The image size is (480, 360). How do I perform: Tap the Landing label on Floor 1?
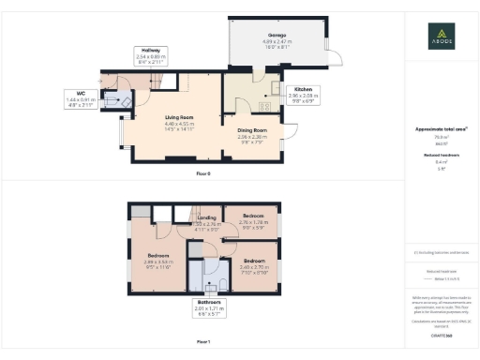pos(206,220)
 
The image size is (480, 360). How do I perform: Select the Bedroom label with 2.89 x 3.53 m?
pos(157,258)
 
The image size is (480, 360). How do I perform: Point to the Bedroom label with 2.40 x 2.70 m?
pos(254,263)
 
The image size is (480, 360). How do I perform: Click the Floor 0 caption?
pos(203,174)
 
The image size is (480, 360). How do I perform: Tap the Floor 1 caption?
pos(203,342)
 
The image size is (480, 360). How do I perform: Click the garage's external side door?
pos(326,46)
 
